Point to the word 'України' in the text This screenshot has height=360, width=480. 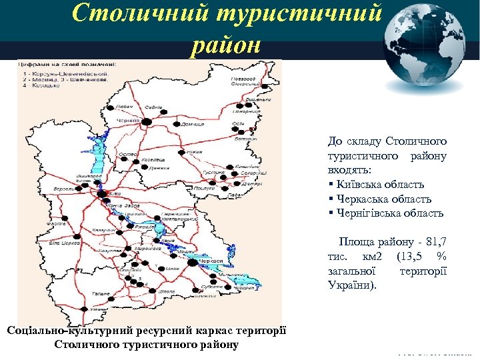351,285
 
